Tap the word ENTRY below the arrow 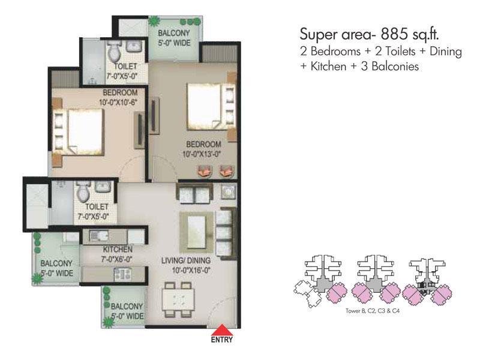coord(222,340)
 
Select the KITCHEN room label coord(118,249)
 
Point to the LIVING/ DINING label coord(186,260)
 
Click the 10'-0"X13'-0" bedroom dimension coord(202,154)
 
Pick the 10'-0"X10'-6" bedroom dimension coord(118,102)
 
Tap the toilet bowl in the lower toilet coord(83,192)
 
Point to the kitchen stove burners coord(122,274)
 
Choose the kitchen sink coord(98,236)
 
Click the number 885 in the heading coord(394,34)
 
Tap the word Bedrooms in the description coord(335,51)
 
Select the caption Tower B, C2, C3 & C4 coord(373,311)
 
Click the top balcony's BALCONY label coord(174,33)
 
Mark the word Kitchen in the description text coord(328,66)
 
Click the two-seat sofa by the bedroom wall coord(194,193)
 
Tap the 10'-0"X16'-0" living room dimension coord(191,271)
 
